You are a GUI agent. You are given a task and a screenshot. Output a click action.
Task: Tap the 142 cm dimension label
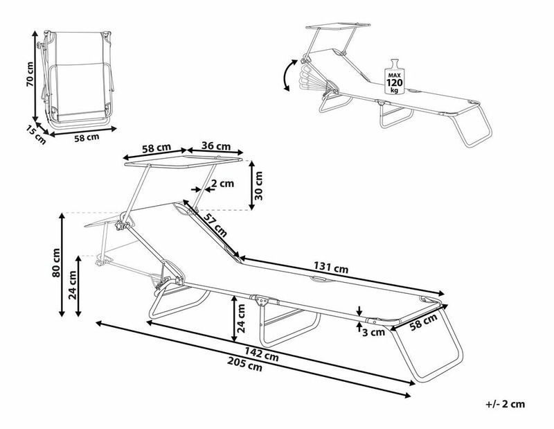tap(263, 356)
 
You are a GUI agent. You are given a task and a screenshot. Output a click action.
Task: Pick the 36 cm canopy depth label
tap(216, 146)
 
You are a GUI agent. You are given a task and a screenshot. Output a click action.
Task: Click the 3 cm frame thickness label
tap(375, 332)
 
